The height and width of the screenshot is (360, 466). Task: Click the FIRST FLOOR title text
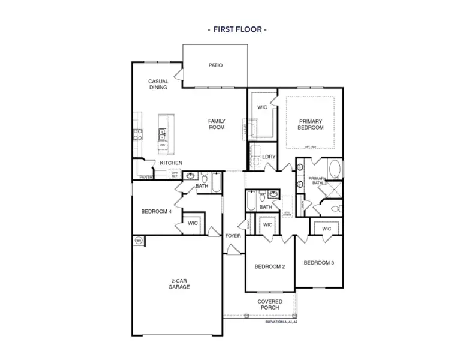[x=236, y=28]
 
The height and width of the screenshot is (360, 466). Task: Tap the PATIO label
[x=216, y=65]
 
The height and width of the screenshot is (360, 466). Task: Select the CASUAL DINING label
[x=158, y=84]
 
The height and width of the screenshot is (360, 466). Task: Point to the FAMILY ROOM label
[x=217, y=124]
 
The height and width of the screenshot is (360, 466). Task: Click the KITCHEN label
[x=171, y=163]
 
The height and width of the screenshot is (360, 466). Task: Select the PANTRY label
[x=145, y=178]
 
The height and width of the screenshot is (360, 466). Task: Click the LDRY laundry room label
[x=269, y=157]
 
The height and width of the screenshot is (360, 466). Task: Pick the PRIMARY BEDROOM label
[x=311, y=124]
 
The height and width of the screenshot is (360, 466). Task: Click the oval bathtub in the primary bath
[x=334, y=169]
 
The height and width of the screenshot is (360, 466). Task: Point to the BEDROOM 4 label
[x=157, y=211]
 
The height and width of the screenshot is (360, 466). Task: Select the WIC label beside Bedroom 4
[x=193, y=223]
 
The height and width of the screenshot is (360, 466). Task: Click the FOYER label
[x=233, y=236]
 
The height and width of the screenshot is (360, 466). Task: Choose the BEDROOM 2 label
[x=269, y=266]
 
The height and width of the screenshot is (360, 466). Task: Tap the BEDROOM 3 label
[x=318, y=263]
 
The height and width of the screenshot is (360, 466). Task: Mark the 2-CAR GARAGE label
[x=179, y=284]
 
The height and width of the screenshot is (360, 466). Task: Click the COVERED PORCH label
[x=270, y=305]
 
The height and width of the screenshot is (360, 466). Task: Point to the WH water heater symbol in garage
[x=139, y=241]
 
